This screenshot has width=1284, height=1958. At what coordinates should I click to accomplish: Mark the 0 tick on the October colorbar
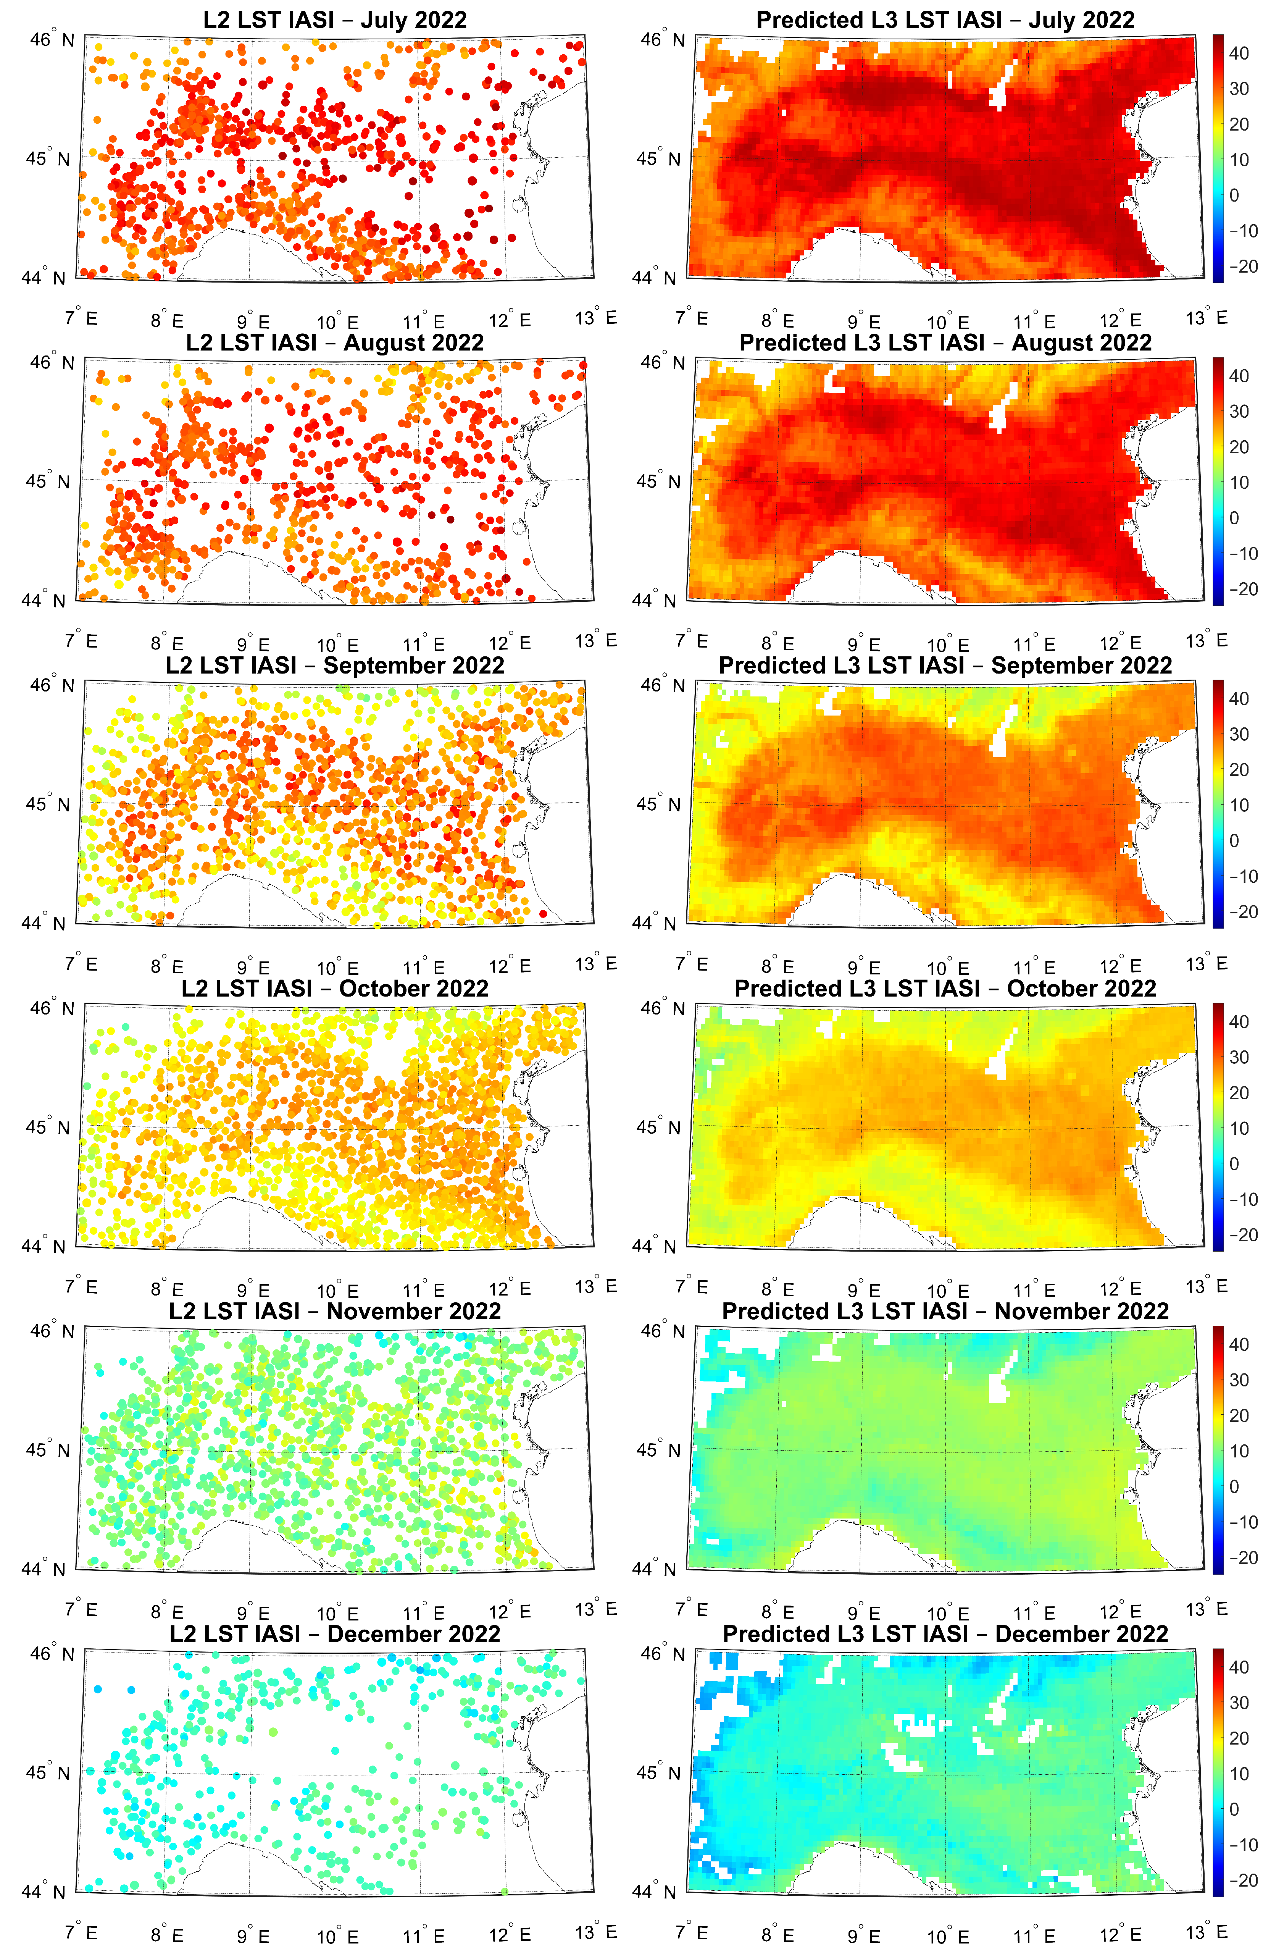click(1234, 1164)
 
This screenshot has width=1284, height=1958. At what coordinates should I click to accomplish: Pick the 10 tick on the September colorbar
click(1239, 805)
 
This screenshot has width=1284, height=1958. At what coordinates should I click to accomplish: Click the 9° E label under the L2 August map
click(253, 644)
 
